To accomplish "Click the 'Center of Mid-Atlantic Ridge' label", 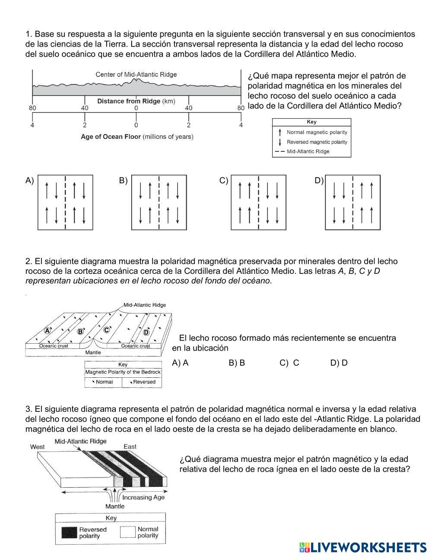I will tap(136, 75).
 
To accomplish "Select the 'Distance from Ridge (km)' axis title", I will tap(136, 101).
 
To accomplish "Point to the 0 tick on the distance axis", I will tap(136, 108).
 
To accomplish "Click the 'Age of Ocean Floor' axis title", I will tap(137, 137).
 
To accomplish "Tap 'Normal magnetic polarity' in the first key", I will tap(317, 132).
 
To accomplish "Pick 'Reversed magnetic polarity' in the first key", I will tap(317, 142).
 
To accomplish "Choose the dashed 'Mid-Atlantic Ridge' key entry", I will tap(308, 151).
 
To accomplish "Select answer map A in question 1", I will tap(65, 202).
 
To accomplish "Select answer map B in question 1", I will tap(159, 202).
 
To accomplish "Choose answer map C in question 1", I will tap(258, 202).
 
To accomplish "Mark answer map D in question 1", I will tap(353, 202).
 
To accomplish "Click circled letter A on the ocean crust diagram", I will tap(48, 331).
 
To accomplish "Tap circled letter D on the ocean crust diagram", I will tap(146, 332).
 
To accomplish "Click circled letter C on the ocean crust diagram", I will tap(106, 330).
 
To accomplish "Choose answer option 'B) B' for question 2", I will tap(237, 363).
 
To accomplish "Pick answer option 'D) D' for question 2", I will tap(339, 363).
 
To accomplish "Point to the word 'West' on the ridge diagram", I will tap(37, 447).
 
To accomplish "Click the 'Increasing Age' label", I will tap(143, 497).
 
